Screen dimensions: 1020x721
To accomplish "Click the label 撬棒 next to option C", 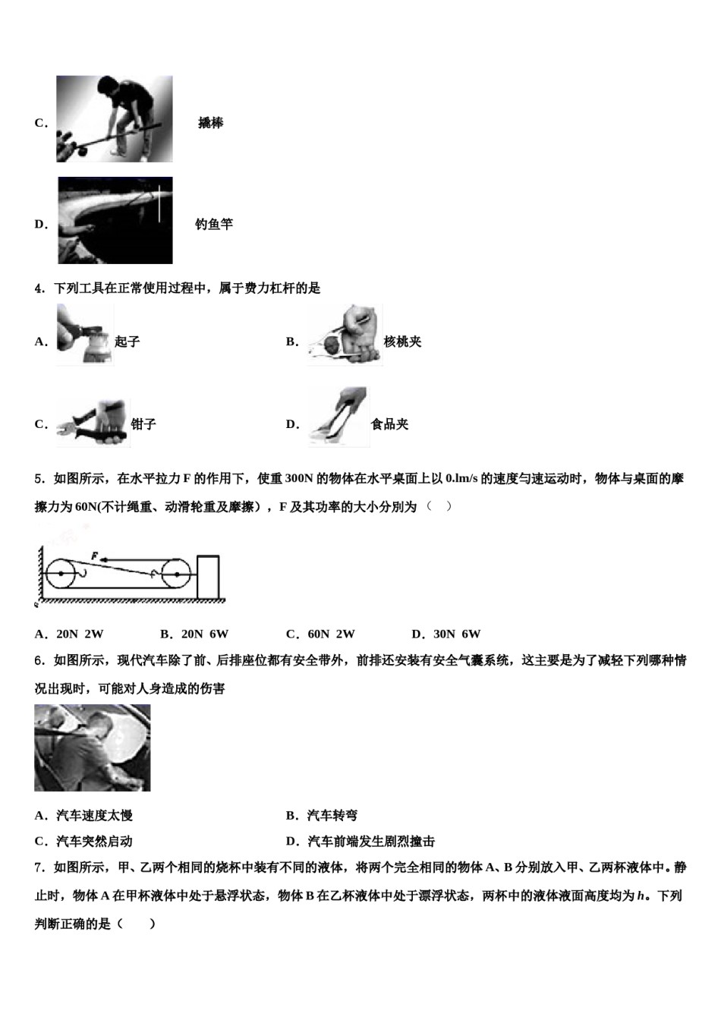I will [x=210, y=123].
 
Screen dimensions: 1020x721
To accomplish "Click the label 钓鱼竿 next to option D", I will [x=213, y=224].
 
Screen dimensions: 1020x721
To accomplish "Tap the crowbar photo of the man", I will [x=114, y=118].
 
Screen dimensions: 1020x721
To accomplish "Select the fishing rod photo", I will [x=115, y=220].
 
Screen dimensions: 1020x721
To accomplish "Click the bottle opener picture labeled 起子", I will [x=84, y=335].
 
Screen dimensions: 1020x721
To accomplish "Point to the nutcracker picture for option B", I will [x=345, y=335].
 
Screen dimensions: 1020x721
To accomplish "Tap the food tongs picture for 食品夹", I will [x=338, y=417].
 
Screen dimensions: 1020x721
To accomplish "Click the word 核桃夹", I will [x=402, y=342].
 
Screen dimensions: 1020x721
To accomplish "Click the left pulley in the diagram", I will [x=60, y=573].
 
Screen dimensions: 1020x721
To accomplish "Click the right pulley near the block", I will [x=176, y=575].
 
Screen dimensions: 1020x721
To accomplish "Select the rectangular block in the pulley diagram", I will [x=209, y=577].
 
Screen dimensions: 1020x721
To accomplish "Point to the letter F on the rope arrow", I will [x=94, y=556].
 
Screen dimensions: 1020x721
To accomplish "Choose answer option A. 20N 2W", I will [x=69, y=634].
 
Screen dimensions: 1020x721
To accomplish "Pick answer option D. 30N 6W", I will [x=446, y=634].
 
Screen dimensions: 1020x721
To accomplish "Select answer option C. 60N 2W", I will [x=320, y=634].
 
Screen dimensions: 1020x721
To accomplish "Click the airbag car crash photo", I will [x=93, y=748].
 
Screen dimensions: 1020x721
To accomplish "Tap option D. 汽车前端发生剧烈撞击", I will [x=360, y=841].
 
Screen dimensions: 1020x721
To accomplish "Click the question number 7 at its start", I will [x=39, y=867].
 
